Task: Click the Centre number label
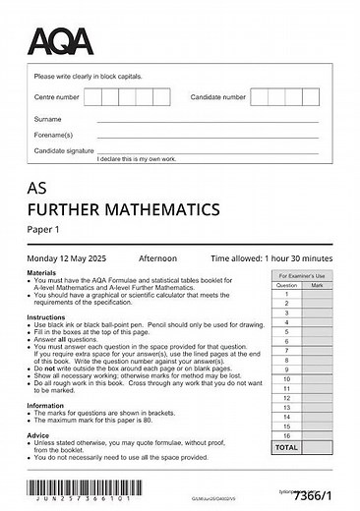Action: point(56,98)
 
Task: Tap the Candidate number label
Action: point(217,98)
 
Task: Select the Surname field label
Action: point(48,119)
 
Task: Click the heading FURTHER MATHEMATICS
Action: point(122,209)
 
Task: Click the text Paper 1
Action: point(42,230)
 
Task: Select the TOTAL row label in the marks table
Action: point(286,446)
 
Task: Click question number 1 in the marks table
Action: point(286,294)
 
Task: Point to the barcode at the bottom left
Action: point(80,486)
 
